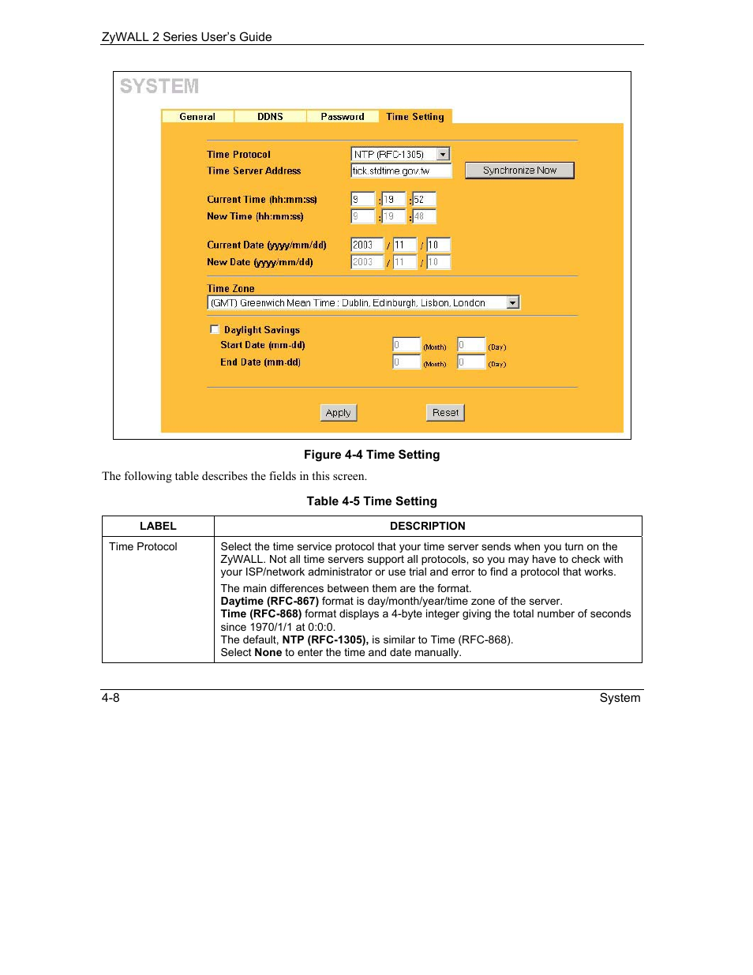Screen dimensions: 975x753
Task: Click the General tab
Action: [x=197, y=117]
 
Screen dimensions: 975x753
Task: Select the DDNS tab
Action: [x=270, y=117]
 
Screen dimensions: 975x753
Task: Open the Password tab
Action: [x=343, y=117]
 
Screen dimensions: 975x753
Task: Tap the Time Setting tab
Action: [x=415, y=117]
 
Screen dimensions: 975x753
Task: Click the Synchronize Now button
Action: [x=519, y=171]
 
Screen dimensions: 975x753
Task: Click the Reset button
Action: [x=445, y=413]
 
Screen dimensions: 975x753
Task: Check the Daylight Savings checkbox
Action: [x=214, y=329]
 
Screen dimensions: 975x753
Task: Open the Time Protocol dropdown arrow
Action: [x=444, y=155]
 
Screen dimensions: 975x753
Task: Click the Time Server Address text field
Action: [x=401, y=171]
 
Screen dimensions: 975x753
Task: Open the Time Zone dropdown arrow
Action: [x=513, y=303]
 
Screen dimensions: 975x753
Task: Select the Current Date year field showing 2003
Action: [x=366, y=246]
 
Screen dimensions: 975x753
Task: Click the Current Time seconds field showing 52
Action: [x=424, y=200]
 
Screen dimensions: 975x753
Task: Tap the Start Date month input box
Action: [x=406, y=345]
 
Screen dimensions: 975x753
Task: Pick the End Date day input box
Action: [x=470, y=362]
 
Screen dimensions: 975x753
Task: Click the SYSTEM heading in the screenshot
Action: [x=159, y=86]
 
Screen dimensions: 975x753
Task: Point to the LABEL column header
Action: [x=158, y=527]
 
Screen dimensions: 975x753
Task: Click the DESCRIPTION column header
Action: [x=428, y=527]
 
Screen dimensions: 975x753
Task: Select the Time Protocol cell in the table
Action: [x=143, y=547]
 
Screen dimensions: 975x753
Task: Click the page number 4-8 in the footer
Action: [x=111, y=698]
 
